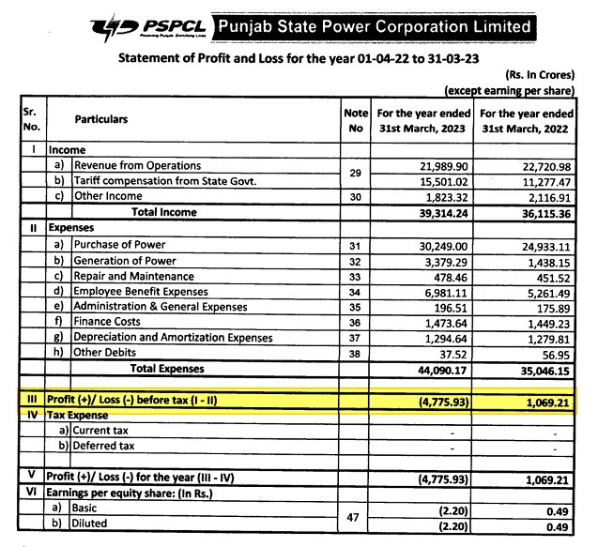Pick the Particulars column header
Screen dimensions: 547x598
(x=101, y=119)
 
